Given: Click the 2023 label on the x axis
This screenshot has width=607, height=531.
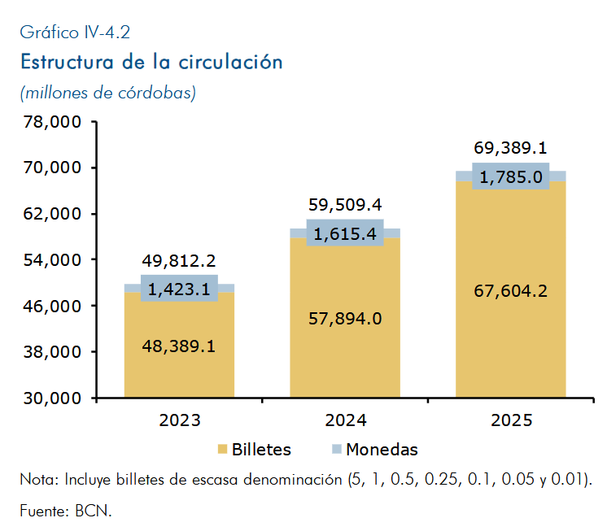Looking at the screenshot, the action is coord(180,420).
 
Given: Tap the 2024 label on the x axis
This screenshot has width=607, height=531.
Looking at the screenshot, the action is coord(345,420).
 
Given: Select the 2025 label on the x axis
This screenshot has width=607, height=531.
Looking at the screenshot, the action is coord(511,420).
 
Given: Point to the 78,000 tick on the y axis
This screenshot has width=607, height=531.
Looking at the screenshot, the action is coord(52,122).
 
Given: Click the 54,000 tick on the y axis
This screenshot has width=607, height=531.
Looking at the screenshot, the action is coord(52,260).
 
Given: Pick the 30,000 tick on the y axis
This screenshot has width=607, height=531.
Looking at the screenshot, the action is coord(52,398).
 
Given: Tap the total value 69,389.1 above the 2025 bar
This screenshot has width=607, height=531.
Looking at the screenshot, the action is coord(511,148).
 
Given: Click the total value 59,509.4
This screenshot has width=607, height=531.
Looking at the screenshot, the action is coord(345,205).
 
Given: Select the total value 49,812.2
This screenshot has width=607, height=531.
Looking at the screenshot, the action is coord(179,261).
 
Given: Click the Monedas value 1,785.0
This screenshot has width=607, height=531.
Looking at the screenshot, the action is coord(511,177).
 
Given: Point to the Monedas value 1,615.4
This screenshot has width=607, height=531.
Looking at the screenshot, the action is coord(345,234).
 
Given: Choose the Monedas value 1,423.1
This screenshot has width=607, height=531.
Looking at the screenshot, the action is coord(179,289).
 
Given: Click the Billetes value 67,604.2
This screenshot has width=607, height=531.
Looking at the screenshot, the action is coord(511,291).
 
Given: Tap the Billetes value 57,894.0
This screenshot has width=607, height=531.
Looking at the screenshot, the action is coord(345,319).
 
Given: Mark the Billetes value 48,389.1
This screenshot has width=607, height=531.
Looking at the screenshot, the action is coord(179,346).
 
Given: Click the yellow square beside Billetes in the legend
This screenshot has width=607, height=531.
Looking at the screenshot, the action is coord(222,449).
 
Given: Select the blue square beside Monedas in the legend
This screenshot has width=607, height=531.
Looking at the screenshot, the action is coord(337,449).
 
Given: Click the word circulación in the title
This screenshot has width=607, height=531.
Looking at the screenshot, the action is coord(231,62).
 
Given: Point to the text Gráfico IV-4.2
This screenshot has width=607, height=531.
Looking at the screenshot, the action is coord(75,33).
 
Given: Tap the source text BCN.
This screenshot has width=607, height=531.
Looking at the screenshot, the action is coord(94,511).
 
